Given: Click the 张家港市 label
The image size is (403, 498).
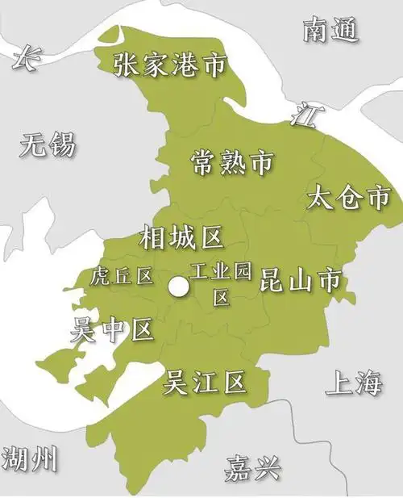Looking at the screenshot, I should click(169, 65).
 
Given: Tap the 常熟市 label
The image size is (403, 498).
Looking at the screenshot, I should click(231, 162).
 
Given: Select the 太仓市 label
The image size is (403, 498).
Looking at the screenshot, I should click(349, 199).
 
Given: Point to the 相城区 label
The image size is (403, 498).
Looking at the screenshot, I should click(181, 237).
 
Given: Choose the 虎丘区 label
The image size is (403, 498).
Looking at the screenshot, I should click(122, 276).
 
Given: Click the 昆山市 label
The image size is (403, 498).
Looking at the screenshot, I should click(299, 280).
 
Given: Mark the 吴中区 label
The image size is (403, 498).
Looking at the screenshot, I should click(111, 329).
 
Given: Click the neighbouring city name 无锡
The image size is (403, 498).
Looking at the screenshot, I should click(48, 145).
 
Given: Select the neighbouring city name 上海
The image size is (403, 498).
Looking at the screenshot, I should click(353, 383).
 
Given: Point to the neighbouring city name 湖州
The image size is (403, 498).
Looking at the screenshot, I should click(30, 459).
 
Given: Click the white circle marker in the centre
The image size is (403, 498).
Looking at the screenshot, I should click(179, 287).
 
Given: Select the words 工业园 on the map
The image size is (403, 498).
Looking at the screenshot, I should click(220, 272).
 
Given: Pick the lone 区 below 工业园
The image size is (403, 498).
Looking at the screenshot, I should click(221, 297).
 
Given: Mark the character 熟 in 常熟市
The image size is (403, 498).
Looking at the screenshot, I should click(231, 162).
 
